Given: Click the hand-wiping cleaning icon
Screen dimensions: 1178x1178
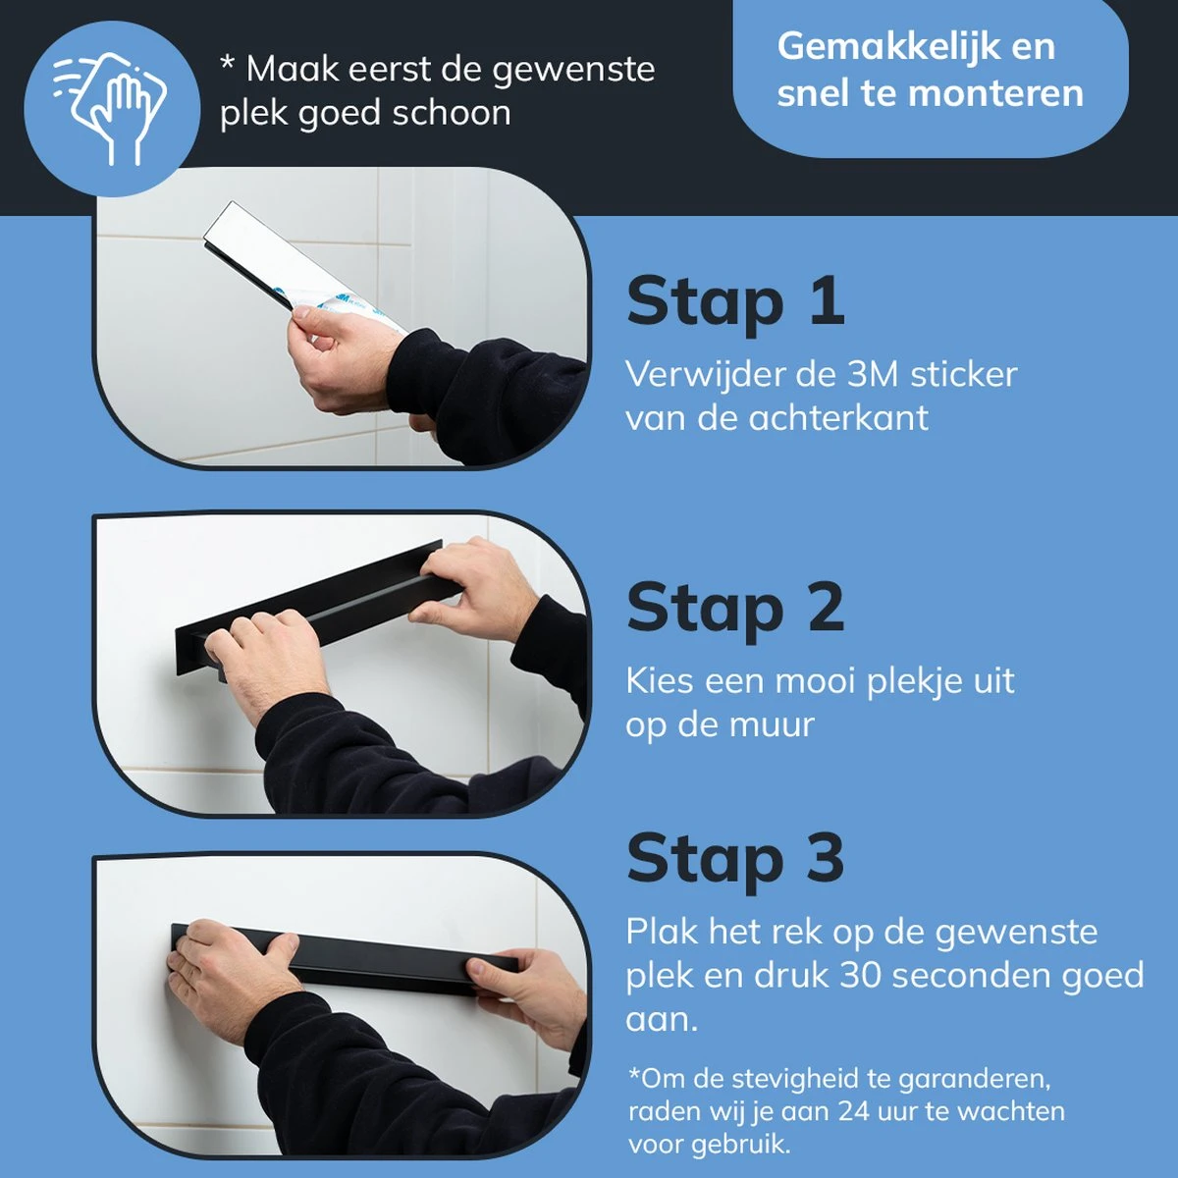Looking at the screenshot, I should [x=110, y=108].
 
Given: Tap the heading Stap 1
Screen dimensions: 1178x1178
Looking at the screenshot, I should [x=735, y=302].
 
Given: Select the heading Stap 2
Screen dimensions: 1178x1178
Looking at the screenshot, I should [x=735, y=609].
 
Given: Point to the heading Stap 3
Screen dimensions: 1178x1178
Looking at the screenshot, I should [x=735, y=859].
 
